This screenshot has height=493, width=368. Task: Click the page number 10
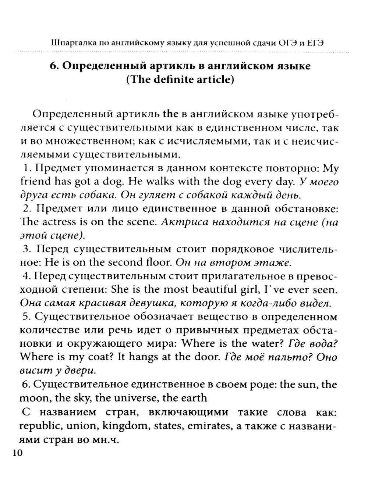point(17,453)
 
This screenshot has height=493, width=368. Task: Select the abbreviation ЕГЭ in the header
point(315,43)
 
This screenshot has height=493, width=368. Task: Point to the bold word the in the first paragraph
point(170,114)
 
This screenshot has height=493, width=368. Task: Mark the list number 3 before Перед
point(26,249)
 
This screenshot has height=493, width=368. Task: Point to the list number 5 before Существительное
point(26,317)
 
